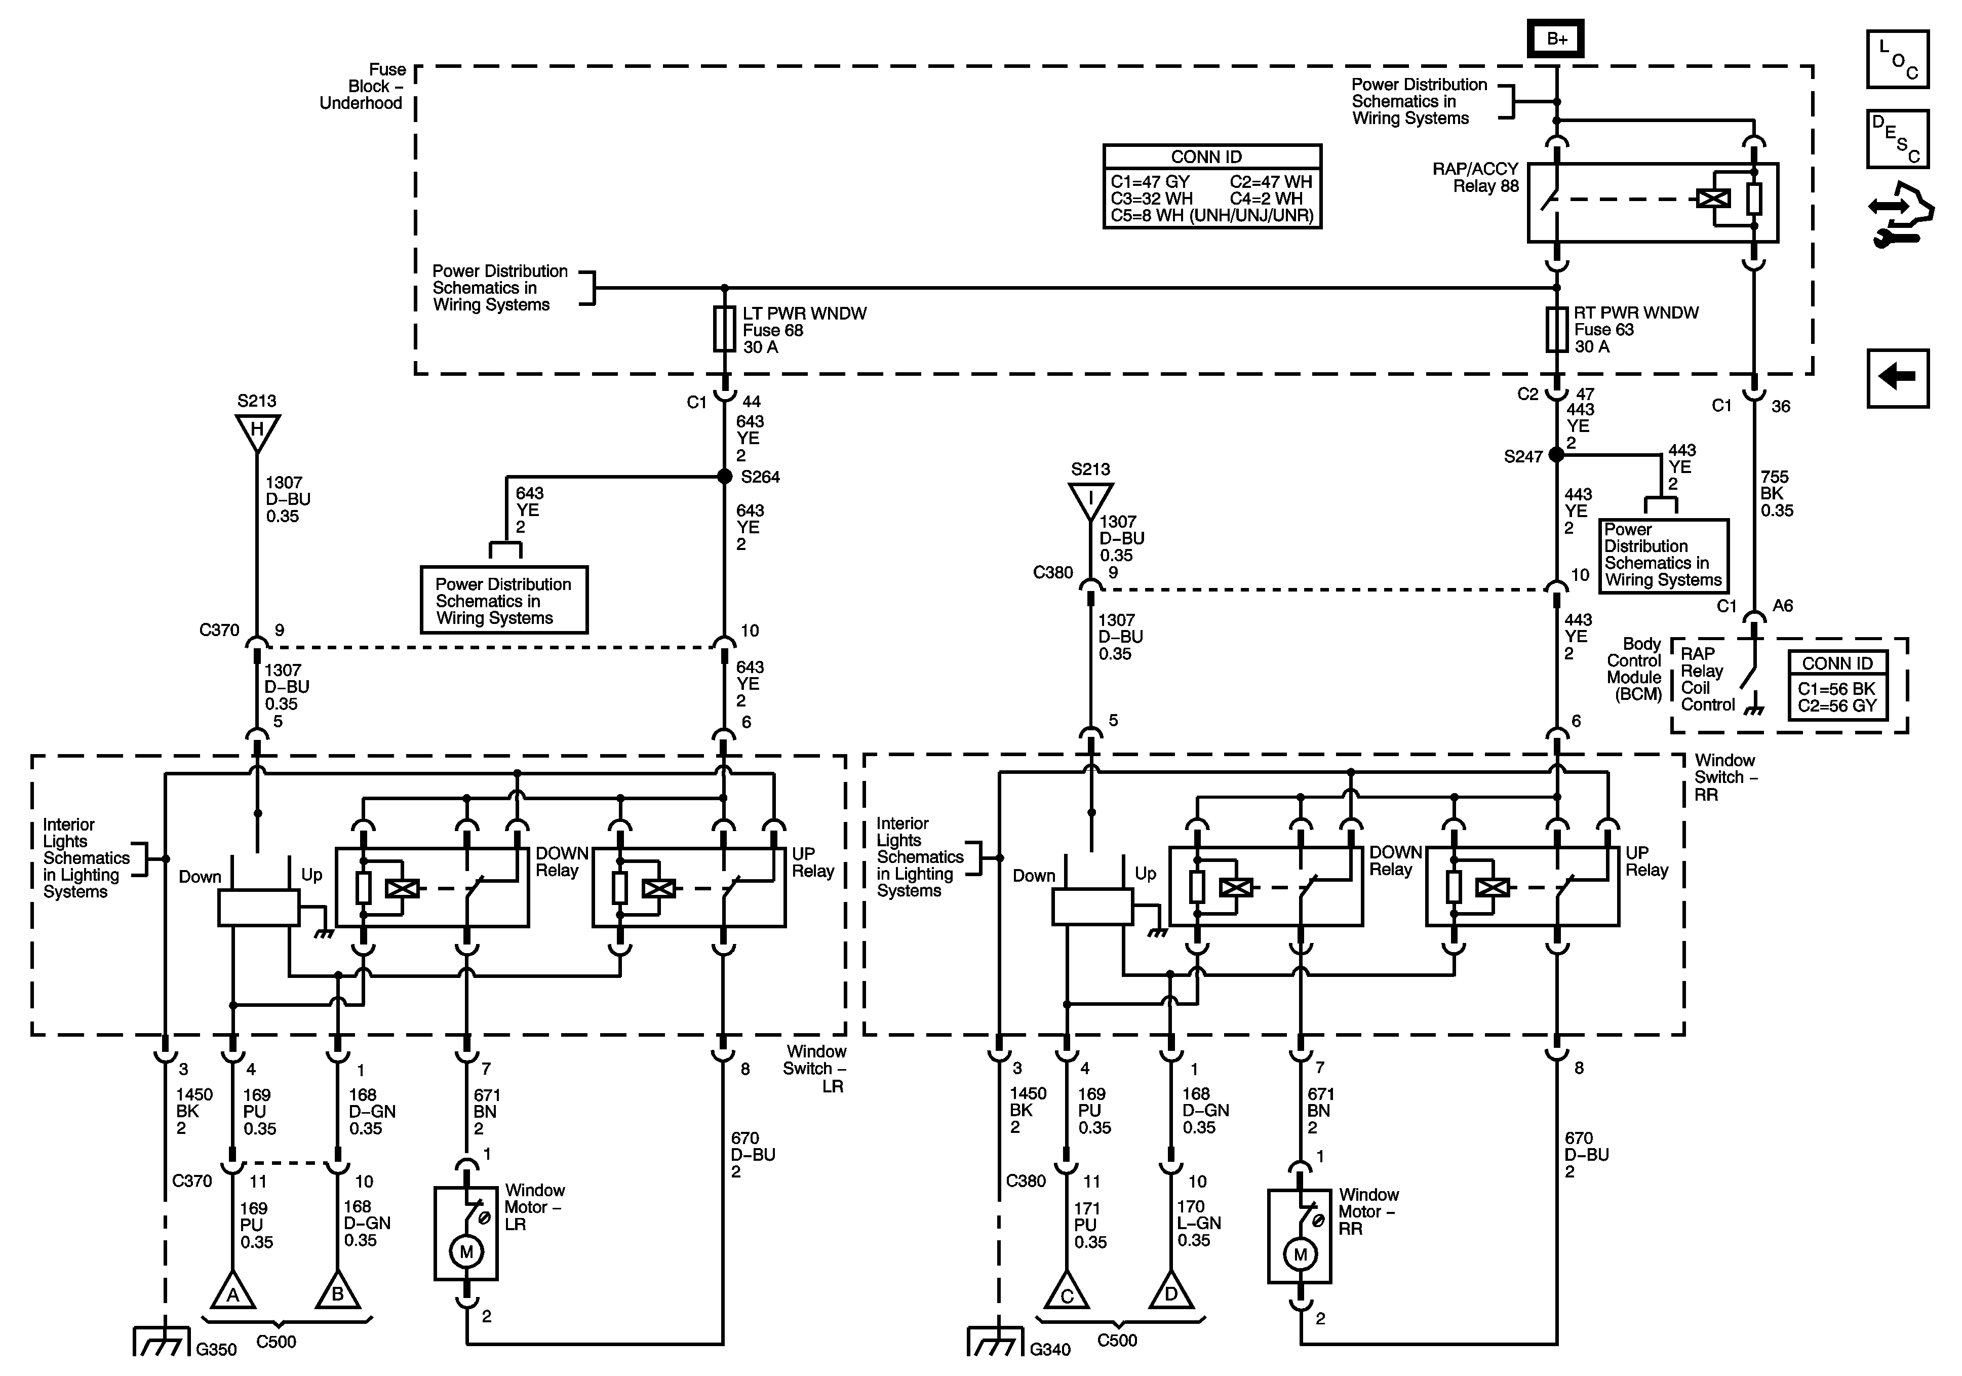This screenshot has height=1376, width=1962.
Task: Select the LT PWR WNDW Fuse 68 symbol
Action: pyautogui.click(x=725, y=330)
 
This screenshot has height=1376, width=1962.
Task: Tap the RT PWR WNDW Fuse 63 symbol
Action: pyautogui.click(x=1556, y=330)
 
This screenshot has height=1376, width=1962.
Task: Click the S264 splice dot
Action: pyautogui.click(x=725, y=476)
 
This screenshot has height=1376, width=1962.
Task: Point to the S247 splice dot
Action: pyautogui.click(x=1556, y=455)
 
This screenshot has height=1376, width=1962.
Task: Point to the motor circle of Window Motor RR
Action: pyautogui.click(x=1300, y=1254)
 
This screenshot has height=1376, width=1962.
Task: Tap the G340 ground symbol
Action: pyautogui.click(x=996, y=1342)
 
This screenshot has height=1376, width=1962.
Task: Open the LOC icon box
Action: pyautogui.click(x=1898, y=59)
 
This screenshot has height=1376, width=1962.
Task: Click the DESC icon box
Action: pyautogui.click(x=1898, y=138)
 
